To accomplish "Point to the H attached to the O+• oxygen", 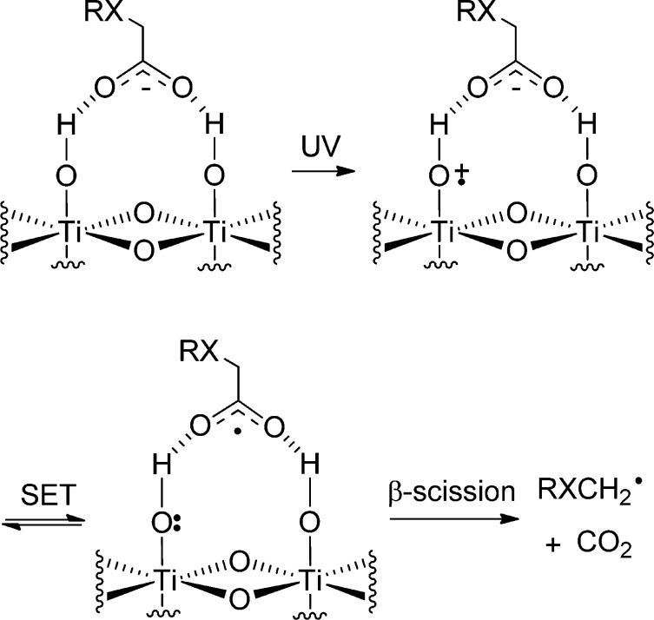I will click(438, 130).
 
